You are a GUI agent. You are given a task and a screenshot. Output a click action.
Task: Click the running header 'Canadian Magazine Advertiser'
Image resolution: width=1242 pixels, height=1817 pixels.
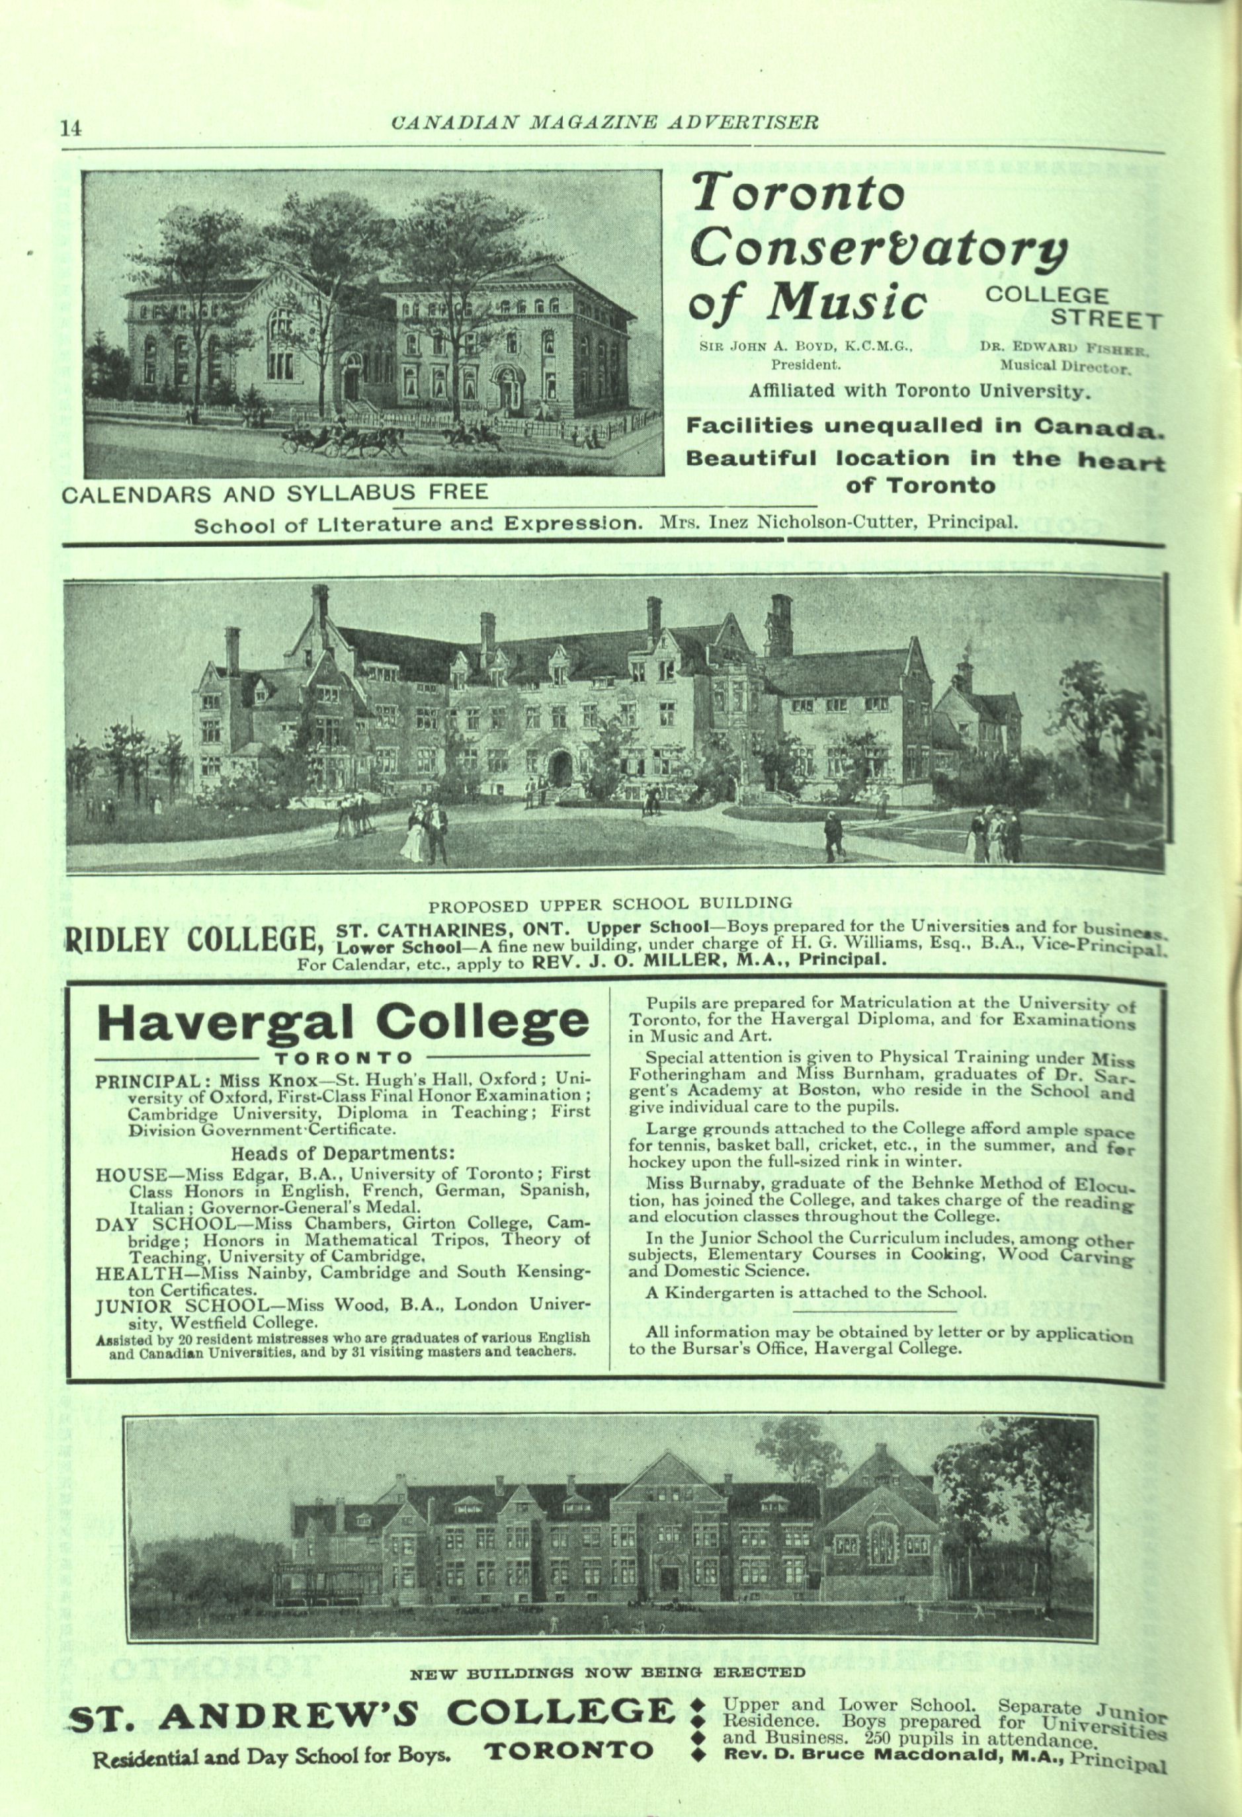[604, 123]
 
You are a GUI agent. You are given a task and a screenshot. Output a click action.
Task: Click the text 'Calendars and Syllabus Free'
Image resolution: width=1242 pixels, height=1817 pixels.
[274, 493]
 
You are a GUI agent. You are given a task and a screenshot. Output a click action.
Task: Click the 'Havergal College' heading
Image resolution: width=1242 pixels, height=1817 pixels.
[342, 1024]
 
